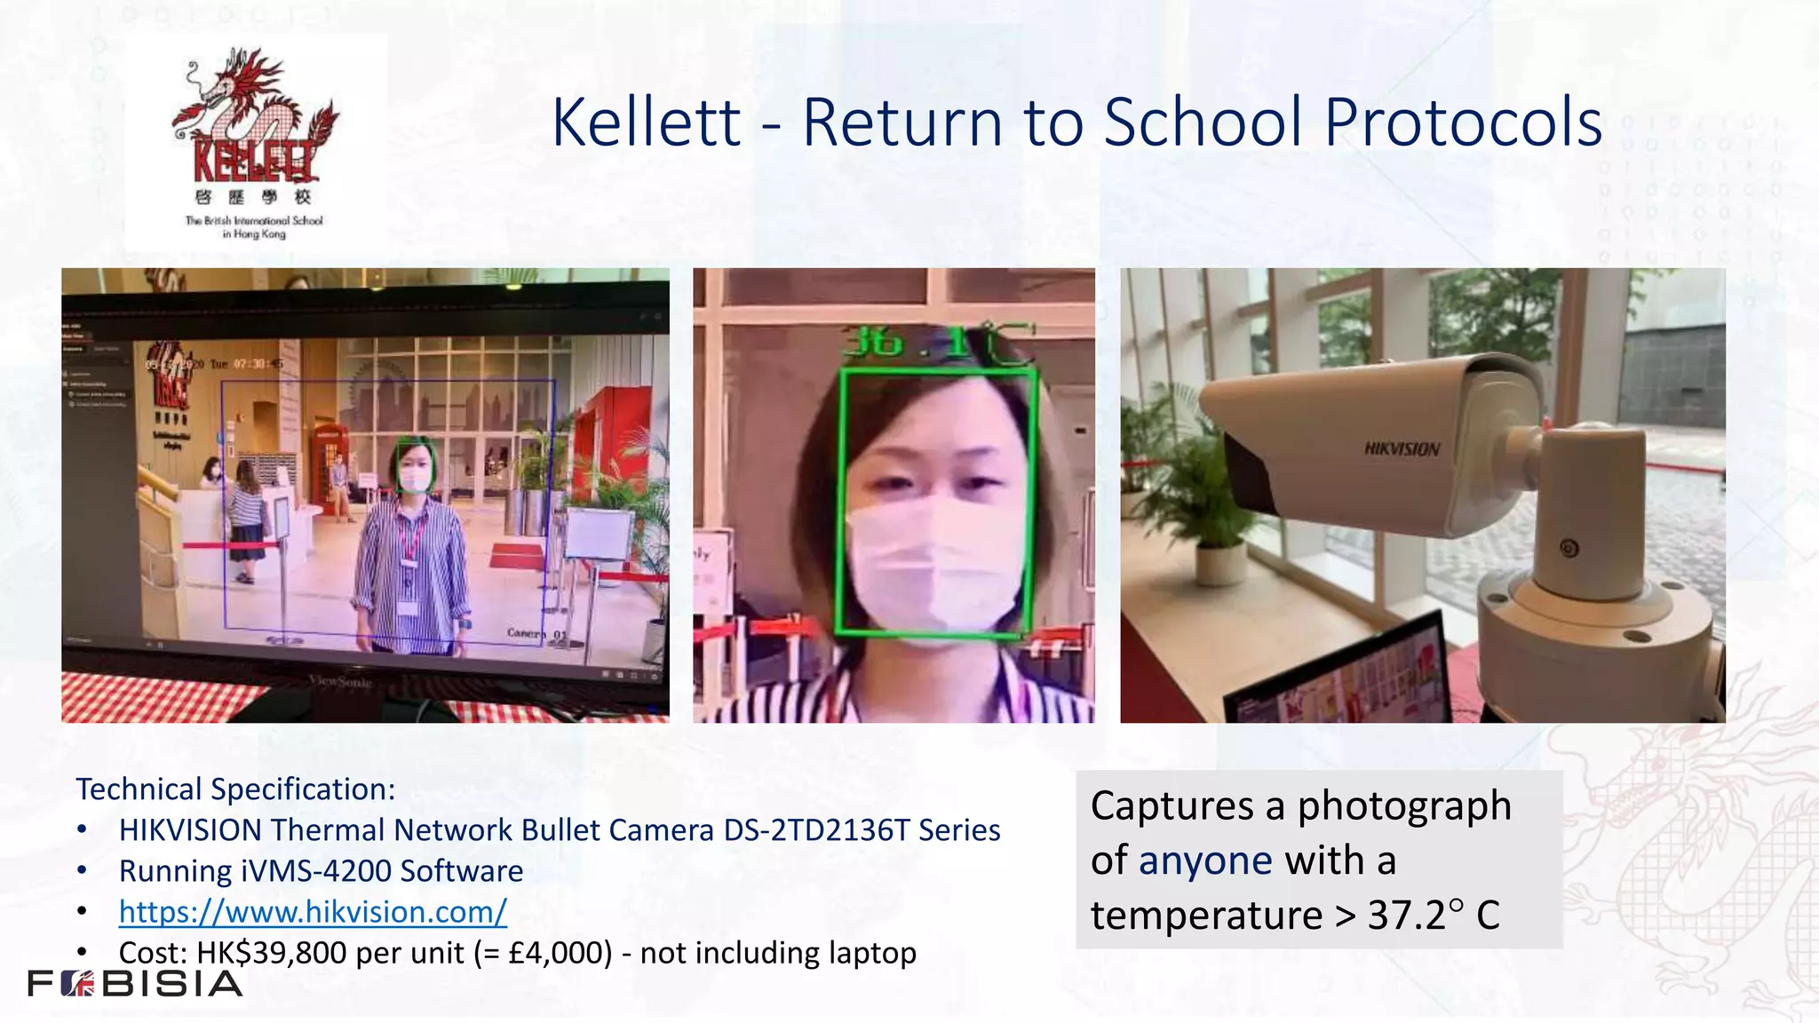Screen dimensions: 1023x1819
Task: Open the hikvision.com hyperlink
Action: click(313, 912)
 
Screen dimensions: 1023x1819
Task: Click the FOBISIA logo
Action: click(135, 984)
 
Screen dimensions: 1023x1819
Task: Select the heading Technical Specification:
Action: click(235, 789)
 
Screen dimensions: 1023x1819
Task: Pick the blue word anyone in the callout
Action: click(1205, 860)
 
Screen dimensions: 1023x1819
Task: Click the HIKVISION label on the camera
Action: click(1402, 448)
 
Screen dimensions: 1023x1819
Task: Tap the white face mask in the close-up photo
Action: click(933, 559)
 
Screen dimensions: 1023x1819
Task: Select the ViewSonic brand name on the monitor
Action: click(340, 681)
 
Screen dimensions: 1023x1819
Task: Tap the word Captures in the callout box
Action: click(1173, 806)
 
